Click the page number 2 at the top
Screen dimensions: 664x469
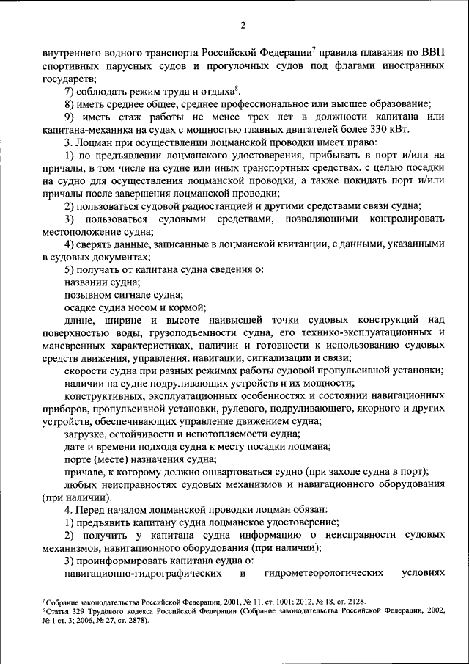tap(243, 26)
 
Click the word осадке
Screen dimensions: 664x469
tap(79, 307)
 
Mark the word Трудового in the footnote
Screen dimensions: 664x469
tap(111, 610)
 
